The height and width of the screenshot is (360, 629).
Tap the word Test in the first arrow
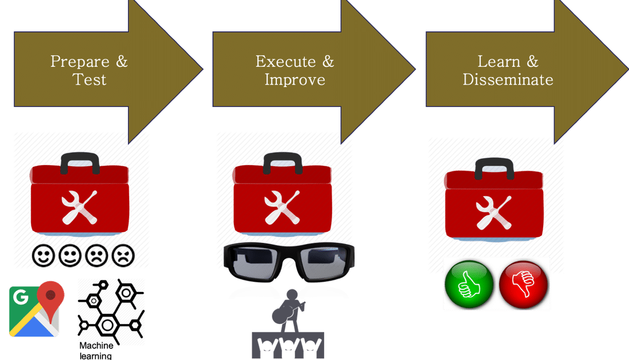pyautogui.click(x=90, y=79)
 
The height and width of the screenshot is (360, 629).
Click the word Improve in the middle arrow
pyautogui.click(x=295, y=79)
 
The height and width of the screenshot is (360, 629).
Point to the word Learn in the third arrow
pyautogui.click(x=499, y=61)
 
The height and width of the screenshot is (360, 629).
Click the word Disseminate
pyautogui.click(x=508, y=79)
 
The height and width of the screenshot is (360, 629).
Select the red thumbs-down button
pyautogui.click(x=523, y=283)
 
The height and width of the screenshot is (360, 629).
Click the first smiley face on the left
pyautogui.click(x=44, y=256)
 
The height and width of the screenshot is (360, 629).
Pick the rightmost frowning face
pyautogui.click(x=122, y=256)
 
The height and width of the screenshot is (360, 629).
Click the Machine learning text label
pyautogui.click(x=96, y=351)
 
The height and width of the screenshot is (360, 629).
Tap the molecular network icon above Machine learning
pyautogui.click(x=111, y=311)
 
